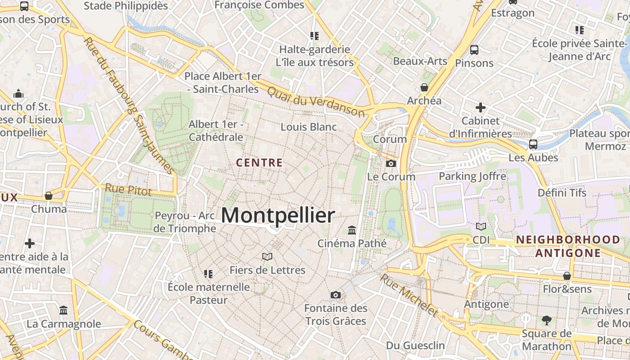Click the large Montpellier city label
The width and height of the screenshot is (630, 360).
point(278,216)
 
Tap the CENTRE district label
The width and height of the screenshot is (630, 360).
point(260,163)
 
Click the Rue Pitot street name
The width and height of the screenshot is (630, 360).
point(128,189)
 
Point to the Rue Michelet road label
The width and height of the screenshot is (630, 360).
point(409,295)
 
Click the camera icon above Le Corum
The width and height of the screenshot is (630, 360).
point(391,163)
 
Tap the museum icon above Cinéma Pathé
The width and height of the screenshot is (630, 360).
point(352,230)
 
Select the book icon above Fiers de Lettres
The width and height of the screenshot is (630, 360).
point(267,256)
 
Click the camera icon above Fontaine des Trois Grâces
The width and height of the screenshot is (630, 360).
point(335,295)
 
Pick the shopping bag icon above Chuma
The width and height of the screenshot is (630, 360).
point(49,196)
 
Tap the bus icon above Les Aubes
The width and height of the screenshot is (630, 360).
point(533,144)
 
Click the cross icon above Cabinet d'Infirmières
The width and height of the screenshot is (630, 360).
point(481,108)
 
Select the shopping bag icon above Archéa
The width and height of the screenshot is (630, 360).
point(424,87)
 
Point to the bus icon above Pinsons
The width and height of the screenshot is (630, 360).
point(474,49)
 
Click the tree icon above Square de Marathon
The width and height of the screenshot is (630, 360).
point(547,320)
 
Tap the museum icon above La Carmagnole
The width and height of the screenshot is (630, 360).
point(63,310)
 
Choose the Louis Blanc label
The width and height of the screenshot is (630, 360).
point(309,127)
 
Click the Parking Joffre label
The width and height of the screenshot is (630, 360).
point(472,176)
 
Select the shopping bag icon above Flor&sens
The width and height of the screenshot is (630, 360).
point(567,275)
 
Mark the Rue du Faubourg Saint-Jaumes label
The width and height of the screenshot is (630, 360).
point(129,106)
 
